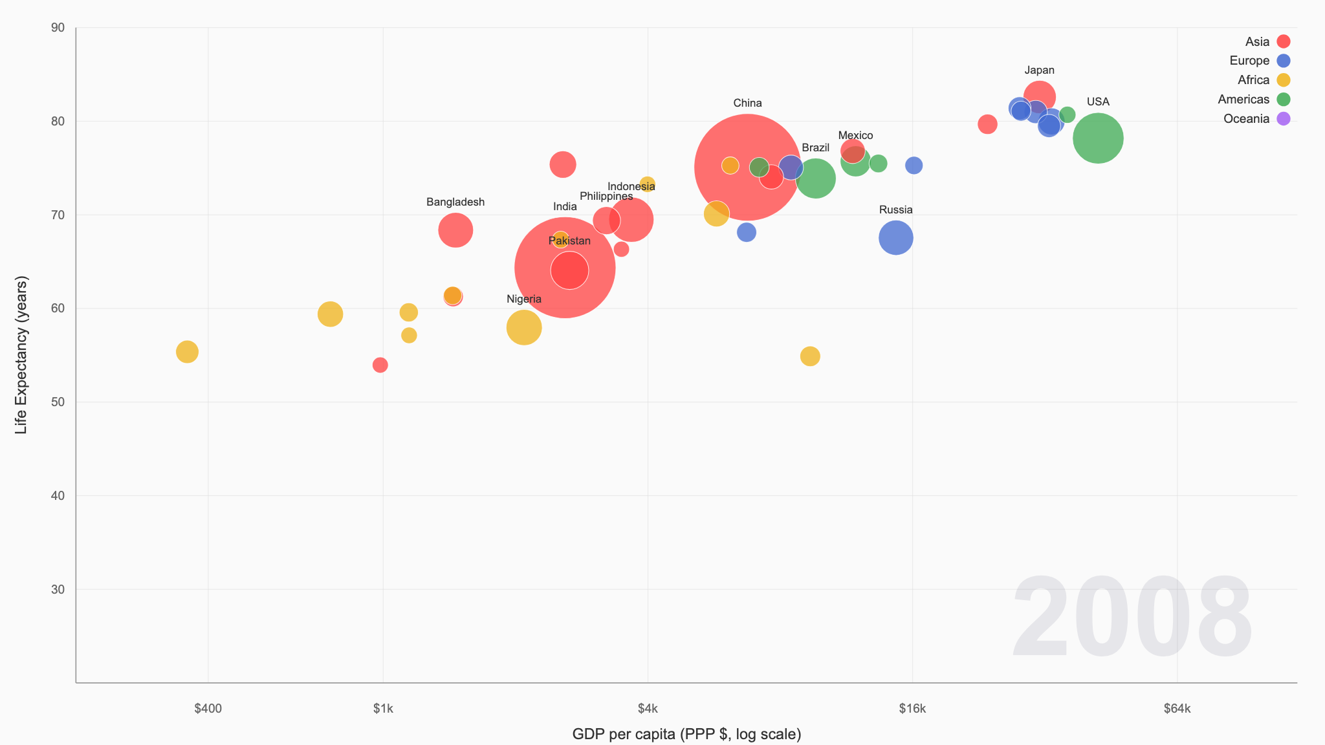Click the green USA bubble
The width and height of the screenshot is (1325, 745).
1097,138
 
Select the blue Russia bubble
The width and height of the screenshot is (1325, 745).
895,238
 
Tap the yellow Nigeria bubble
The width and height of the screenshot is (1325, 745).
523,327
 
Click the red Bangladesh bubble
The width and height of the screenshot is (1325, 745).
455,230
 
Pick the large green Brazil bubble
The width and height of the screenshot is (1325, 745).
815,178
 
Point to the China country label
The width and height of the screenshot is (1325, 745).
747,103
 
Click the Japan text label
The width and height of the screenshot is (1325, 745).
1039,70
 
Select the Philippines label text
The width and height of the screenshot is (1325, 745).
606,197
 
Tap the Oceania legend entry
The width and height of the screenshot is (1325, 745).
1255,119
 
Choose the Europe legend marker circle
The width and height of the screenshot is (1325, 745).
1283,61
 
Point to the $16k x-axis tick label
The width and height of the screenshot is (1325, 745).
912,709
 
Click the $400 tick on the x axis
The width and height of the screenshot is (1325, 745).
208,709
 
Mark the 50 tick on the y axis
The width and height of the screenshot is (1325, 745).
58,402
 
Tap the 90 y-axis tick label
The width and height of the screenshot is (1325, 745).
58,28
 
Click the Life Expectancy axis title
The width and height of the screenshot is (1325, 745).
21,355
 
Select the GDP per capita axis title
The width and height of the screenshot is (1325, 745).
686,734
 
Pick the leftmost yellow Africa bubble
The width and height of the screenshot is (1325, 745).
187,352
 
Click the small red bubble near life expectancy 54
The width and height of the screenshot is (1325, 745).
380,365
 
